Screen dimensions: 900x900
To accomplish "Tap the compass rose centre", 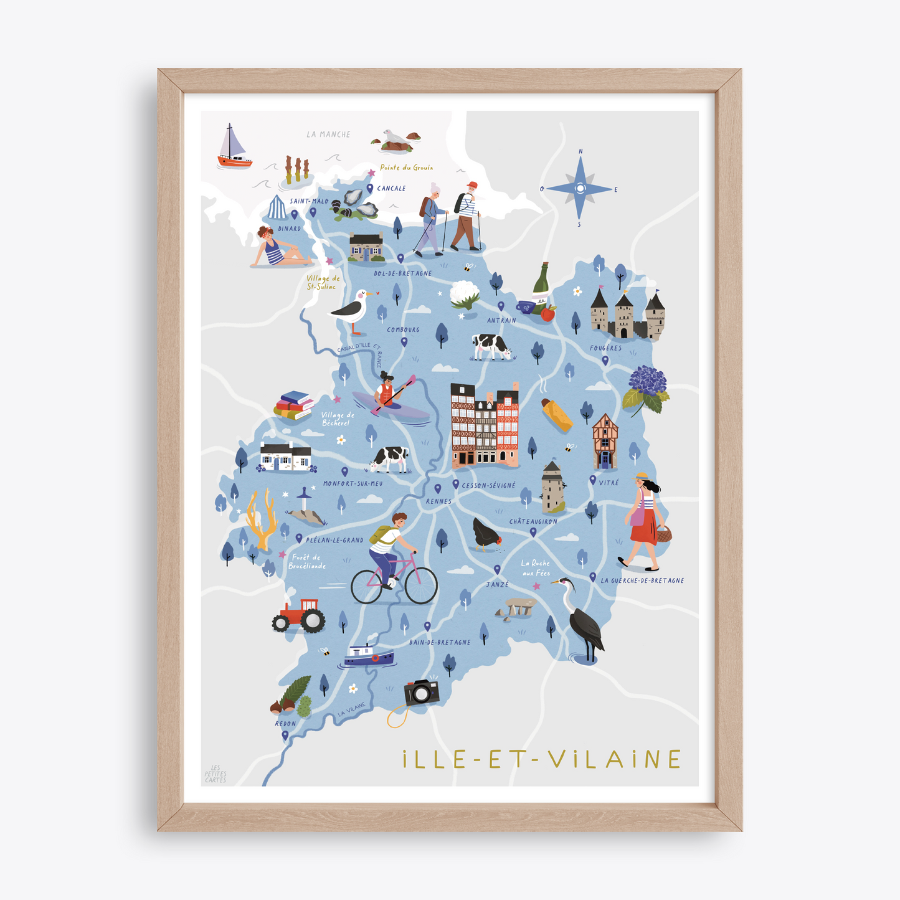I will [x=580, y=188].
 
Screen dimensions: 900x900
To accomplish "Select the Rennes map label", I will [x=438, y=501].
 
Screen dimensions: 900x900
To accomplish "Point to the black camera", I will [x=422, y=691].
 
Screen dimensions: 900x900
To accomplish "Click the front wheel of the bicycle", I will [x=421, y=585].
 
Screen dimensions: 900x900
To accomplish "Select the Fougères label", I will [x=605, y=348].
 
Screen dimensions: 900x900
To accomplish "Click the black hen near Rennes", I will [x=485, y=535].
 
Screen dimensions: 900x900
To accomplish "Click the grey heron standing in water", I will [x=583, y=620].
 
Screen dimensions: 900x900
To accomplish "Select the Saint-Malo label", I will [x=309, y=201].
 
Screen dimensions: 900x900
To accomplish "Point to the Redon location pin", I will [x=285, y=735].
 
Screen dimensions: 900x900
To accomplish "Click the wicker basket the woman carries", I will [x=664, y=533].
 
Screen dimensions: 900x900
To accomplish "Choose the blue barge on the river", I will [x=369, y=656].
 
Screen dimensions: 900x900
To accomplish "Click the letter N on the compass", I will [x=580, y=151].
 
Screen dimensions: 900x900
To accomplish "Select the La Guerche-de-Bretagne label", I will [x=642, y=580].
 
